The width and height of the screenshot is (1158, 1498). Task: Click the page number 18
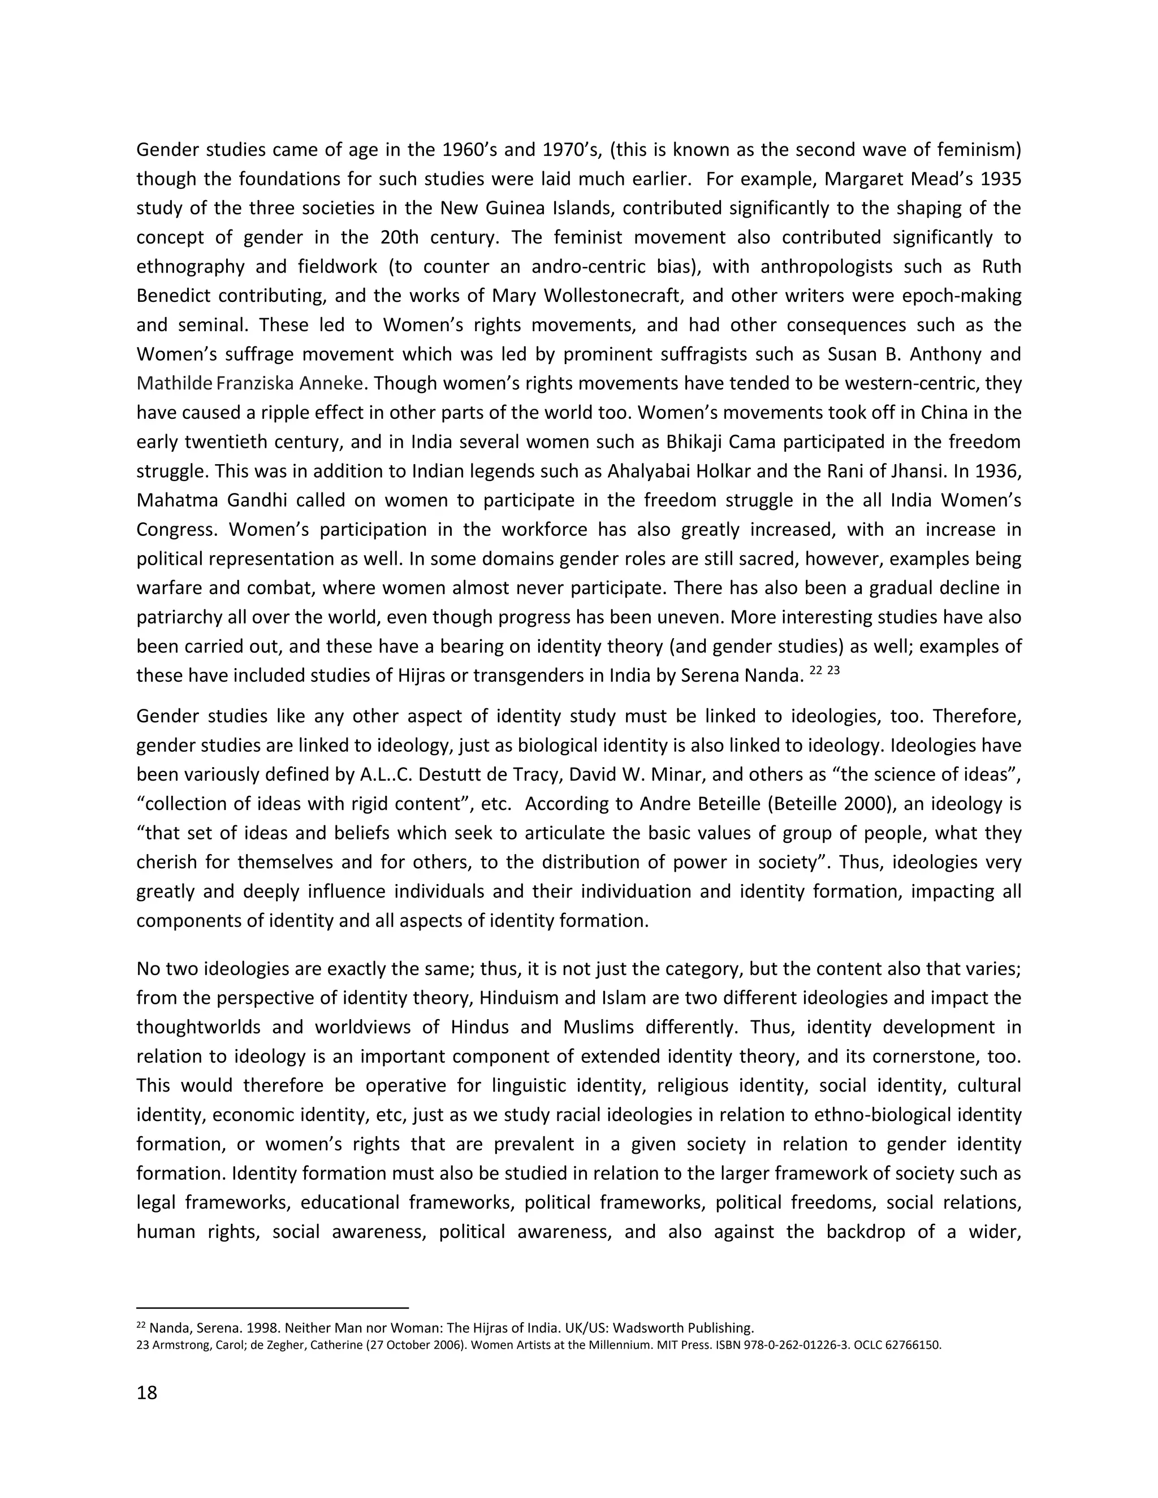tap(147, 1393)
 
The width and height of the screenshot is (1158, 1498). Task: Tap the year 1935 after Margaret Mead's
tap(1001, 179)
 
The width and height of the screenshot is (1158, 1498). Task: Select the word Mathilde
tap(174, 383)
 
